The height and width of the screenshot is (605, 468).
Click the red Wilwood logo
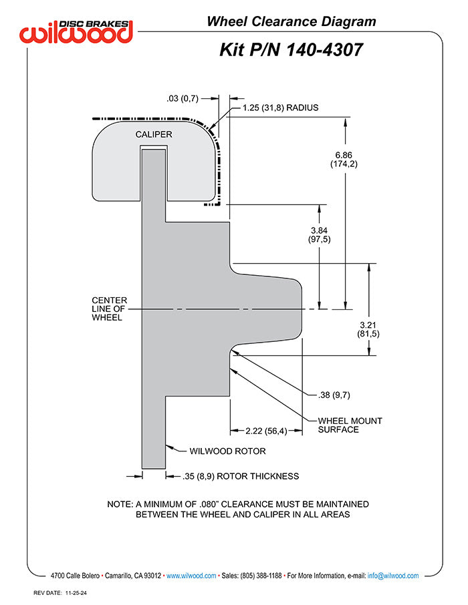pos(76,31)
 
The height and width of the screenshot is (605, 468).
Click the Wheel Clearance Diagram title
pos(291,21)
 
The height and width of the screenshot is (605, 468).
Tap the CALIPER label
pos(153,134)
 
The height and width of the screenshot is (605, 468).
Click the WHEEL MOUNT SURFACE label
pos(350,425)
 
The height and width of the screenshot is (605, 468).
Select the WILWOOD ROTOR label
pos(227,451)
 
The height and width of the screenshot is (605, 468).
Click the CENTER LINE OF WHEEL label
pos(109,309)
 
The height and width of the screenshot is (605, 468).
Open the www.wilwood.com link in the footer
pos(191,576)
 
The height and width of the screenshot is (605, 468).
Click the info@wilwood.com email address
pos(392,576)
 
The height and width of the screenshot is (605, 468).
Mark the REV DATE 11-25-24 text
pos(60,593)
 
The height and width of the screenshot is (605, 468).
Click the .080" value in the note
pos(209,504)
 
